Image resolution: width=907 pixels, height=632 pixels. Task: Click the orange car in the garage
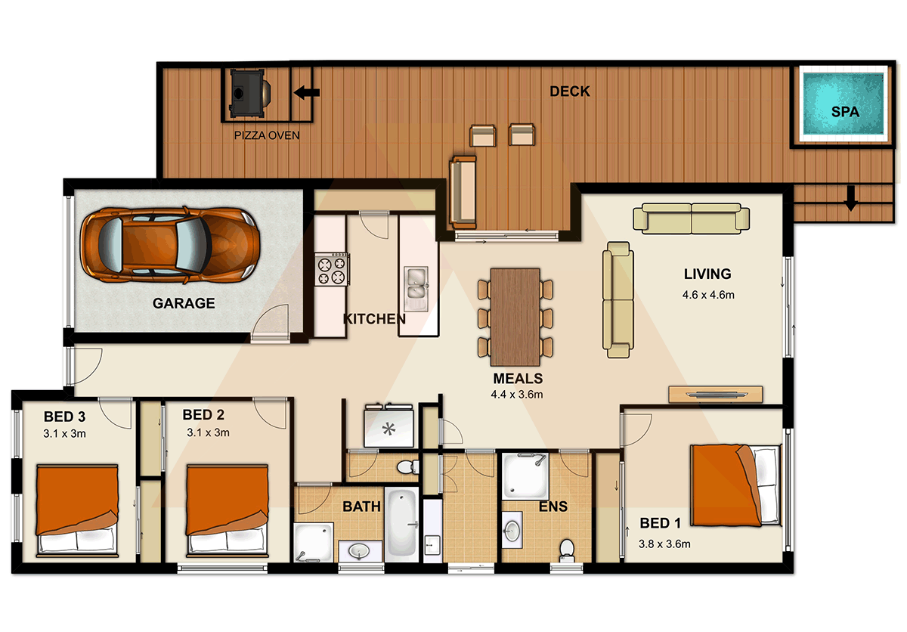(x=170, y=245)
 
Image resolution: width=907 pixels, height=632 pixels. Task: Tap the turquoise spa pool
(x=843, y=104)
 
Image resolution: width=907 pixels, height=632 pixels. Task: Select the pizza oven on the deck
(x=249, y=94)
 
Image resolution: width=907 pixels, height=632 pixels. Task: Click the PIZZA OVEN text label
(x=267, y=135)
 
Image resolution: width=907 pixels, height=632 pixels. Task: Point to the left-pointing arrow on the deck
(x=307, y=93)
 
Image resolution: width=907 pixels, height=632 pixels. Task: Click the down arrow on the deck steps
(x=851, y=198)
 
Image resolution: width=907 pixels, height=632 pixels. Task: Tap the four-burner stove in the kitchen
(x=332, y=269)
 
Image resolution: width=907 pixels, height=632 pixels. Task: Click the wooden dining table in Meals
(x=515, y=317)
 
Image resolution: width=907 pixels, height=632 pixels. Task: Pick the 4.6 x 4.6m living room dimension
(x=708, y=295)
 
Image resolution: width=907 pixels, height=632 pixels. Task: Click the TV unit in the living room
(x=716, y=395)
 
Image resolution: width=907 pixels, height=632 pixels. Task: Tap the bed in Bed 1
(x=735, y=485)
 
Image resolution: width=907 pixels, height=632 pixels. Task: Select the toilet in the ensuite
(x=567, y=550)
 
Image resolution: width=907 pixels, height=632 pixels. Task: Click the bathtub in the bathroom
(x=401, y=524)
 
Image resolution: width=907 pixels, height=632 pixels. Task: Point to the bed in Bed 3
(x=77, y=510)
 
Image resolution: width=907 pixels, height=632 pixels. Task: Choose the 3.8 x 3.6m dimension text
(x=664, y=544)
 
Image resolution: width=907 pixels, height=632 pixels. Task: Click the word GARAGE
(x=184, y=303)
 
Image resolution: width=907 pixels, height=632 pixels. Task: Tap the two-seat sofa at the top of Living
(x=691, y=218)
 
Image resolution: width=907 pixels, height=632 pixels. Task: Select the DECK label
(x=570, y=91)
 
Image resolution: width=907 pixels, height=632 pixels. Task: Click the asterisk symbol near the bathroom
(x=388, y=429)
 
